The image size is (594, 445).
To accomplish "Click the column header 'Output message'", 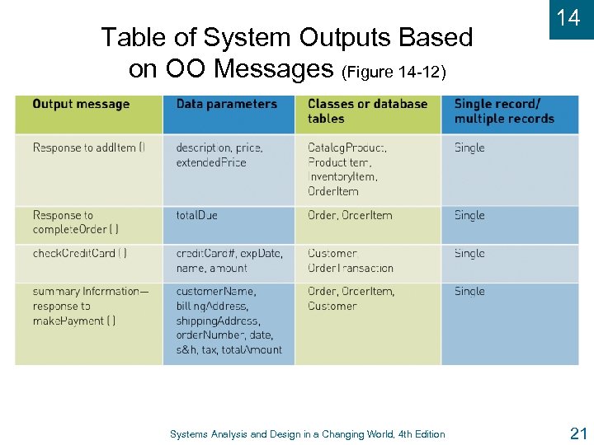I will click(x=81, y=105).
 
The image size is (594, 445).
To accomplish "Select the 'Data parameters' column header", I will click(x=226, y=105).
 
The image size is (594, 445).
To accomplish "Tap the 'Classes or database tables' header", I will click(x=367, y=111).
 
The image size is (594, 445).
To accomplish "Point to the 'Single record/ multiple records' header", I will click(x=504, y=111).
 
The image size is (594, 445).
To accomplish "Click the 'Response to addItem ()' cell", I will click(x=88, y=148).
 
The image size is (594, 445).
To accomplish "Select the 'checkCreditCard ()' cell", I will click(x=80, y=254).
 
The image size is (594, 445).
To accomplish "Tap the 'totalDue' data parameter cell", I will click(x=196, y=216).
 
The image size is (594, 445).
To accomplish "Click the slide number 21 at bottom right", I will click(x=577, y=433).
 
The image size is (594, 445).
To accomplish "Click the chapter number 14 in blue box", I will click(x=568, y=18).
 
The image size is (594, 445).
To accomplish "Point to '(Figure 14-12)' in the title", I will click(x=394, y=73).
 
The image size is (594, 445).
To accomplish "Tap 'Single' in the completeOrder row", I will click(x=469, y=216).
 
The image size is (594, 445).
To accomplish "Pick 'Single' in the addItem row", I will click(x=469, y=148).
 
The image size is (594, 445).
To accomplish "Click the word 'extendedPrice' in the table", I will click(x=211, y=163).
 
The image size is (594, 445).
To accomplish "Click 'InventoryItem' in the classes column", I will click(x=342, y=177).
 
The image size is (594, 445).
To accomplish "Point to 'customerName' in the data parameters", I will click(x=215, y=292).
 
